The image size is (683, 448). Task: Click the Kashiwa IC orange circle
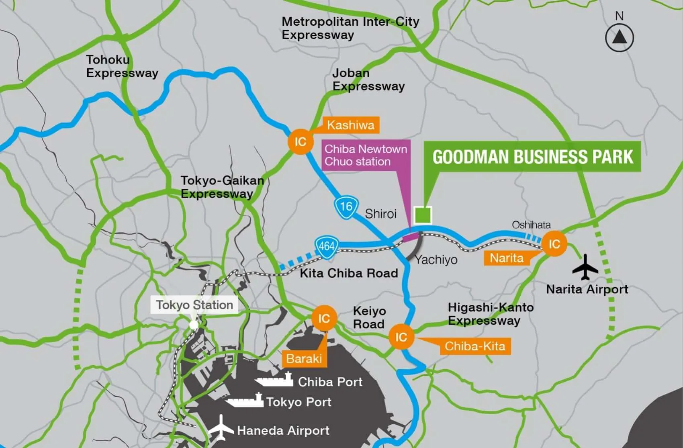[300, 141]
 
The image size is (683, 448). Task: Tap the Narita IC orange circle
[554, 243]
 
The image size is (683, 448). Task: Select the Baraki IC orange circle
[324, 318]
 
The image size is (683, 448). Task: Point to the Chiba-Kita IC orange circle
[401, 337]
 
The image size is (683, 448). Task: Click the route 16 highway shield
[346, 207]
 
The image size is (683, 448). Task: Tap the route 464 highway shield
[327, 245]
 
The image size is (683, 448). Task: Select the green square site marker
[423, 215]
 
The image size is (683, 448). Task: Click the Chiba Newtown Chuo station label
[366, 155]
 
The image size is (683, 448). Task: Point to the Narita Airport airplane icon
[585, 267]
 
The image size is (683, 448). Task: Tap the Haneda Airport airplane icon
[220, 429]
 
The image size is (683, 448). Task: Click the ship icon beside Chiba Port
[274, 379]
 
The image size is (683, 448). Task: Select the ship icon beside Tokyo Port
[244, 400]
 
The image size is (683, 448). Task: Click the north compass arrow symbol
[619, 38]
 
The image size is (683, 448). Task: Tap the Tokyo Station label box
[194, 305]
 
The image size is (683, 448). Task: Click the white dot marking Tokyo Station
[194, 324]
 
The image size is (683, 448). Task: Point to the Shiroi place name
[380, 213]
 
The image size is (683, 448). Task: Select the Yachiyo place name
[436, 260]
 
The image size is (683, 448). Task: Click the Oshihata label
[531, 225]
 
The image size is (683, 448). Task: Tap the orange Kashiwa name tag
[350, 125]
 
